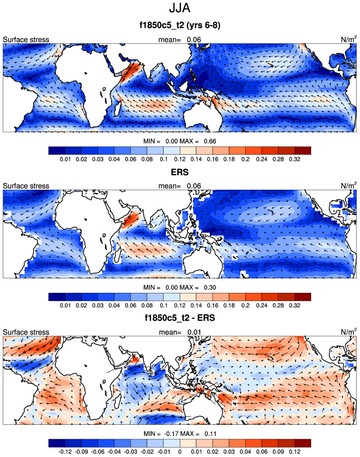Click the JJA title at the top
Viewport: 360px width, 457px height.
(x=180, y=9)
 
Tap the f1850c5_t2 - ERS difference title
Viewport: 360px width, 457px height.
(x=180, y=318)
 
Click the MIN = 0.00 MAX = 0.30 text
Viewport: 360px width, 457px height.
(x=180, y=287)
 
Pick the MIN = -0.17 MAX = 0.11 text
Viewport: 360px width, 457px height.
(x=180, y=434)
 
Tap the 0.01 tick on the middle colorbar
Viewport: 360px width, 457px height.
(x=65, y=306)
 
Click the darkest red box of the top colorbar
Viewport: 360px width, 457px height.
(x=303, y=150)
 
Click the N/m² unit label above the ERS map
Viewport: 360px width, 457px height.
(x=348, y=186)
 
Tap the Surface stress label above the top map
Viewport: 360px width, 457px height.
(x=26, y=39)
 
